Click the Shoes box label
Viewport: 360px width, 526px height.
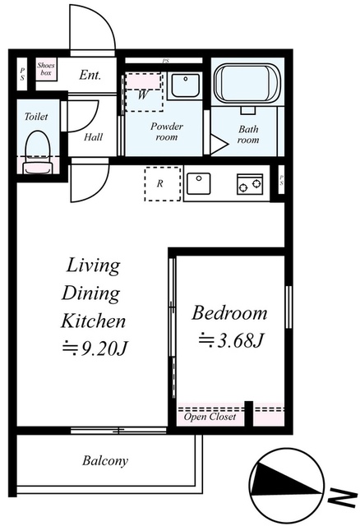[x=46, y=69]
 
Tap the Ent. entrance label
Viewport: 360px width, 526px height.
[x=90, y=75]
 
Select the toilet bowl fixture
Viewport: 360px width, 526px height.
[x=38, y=152]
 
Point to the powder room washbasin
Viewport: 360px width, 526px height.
[x=185, y=85]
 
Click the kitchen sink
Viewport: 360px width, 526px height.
[x=198, y=183]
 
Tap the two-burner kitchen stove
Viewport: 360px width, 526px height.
[x=250, y=184]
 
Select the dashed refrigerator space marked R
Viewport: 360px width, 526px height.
[x=163, y=184]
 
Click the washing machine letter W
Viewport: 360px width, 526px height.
[x=142, y=95]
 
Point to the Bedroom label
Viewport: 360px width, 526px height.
[x=229, y=313]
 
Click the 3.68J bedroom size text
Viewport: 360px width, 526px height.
[x=230, y=340]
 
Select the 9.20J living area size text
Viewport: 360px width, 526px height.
[x=95, y=348]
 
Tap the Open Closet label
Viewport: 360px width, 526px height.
[x=210, y=417]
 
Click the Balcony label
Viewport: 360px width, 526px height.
[x=105, y=460]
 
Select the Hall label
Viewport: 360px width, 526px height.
[x=93, y=136]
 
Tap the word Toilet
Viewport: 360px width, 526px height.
[x=36, y=117]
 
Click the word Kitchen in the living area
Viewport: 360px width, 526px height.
[x=93, y=321]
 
